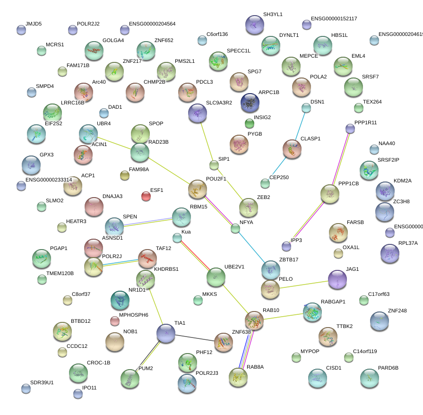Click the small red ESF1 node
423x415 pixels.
tap(146, 196)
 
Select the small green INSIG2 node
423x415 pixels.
tap(250, 124)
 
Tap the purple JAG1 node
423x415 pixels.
tap(337, 279)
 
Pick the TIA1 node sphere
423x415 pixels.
tap(166, 333)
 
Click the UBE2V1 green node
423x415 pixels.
tap(216, 277)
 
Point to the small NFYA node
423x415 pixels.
tap(235, 229)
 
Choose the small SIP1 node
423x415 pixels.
tap(214, 165)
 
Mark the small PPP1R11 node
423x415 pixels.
tap(350, 128)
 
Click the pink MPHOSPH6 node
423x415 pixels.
tap(114, 321)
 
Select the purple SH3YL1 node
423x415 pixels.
tap(255, 25)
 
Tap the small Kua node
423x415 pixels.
tap(177, 238)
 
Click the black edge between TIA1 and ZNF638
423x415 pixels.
tap(195, 338)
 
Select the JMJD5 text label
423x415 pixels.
tap(34, 24)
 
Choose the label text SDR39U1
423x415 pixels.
tap(42, 382)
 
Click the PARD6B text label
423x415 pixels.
tap(388, 368)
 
